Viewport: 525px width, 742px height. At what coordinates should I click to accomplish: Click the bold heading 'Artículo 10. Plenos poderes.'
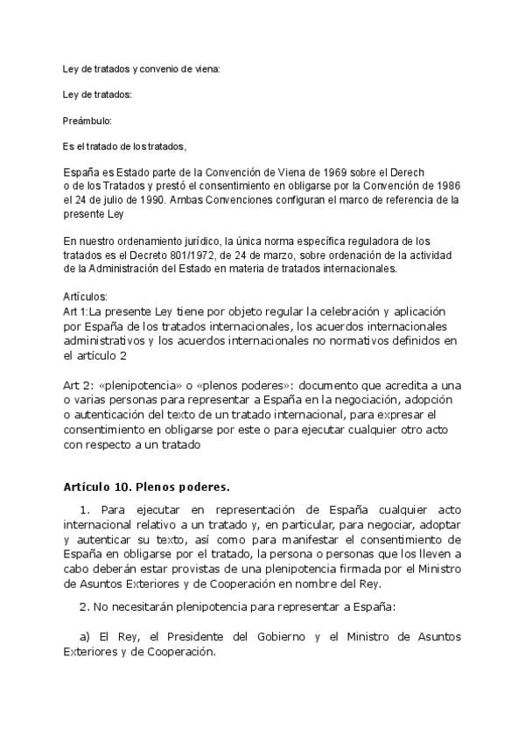pos(145,486)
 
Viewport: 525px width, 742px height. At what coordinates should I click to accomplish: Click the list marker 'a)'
pos(86,636)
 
